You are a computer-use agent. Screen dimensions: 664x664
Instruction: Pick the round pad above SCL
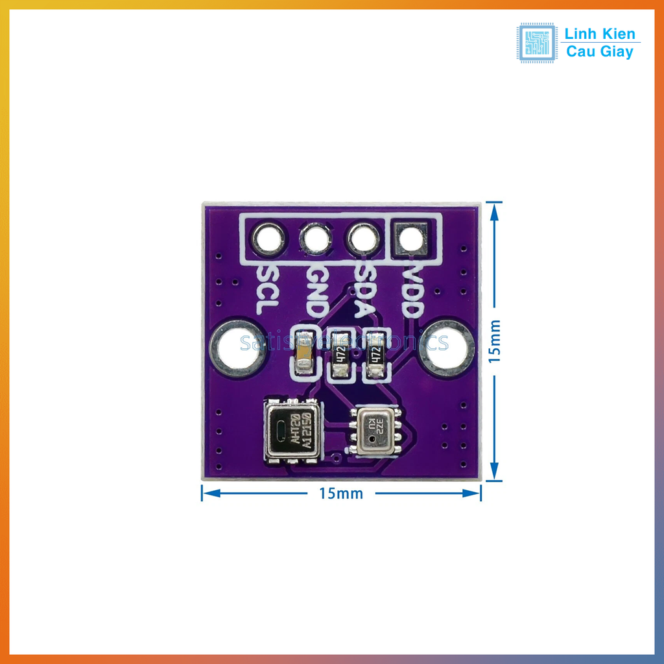tap(268, 239)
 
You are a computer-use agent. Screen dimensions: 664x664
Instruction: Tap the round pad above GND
tap(316, 239)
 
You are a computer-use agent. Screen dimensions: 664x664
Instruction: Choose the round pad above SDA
tap(363, 239)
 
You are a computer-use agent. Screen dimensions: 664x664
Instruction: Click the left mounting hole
tap(237, 348)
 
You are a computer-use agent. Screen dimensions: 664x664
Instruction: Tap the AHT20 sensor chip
tap(292, 431)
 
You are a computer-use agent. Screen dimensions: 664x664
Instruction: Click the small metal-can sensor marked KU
tap(375, 430)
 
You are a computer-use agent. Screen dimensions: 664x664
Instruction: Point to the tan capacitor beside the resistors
tap(303, 354)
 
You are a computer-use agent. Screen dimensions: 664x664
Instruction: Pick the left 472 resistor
tap(339, 354)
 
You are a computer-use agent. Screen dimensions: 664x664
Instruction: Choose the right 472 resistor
tap(375, 354)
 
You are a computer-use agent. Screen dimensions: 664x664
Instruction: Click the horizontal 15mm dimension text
tap(341, 493)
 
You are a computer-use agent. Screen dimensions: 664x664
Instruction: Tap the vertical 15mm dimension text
tap(495, 340)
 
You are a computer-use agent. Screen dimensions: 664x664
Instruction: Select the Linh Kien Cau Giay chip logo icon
tap(536, 43)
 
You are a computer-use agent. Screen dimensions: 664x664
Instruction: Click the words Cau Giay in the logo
tap(600, 52)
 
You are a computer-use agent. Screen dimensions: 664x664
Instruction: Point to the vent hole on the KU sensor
tap(372, 439)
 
